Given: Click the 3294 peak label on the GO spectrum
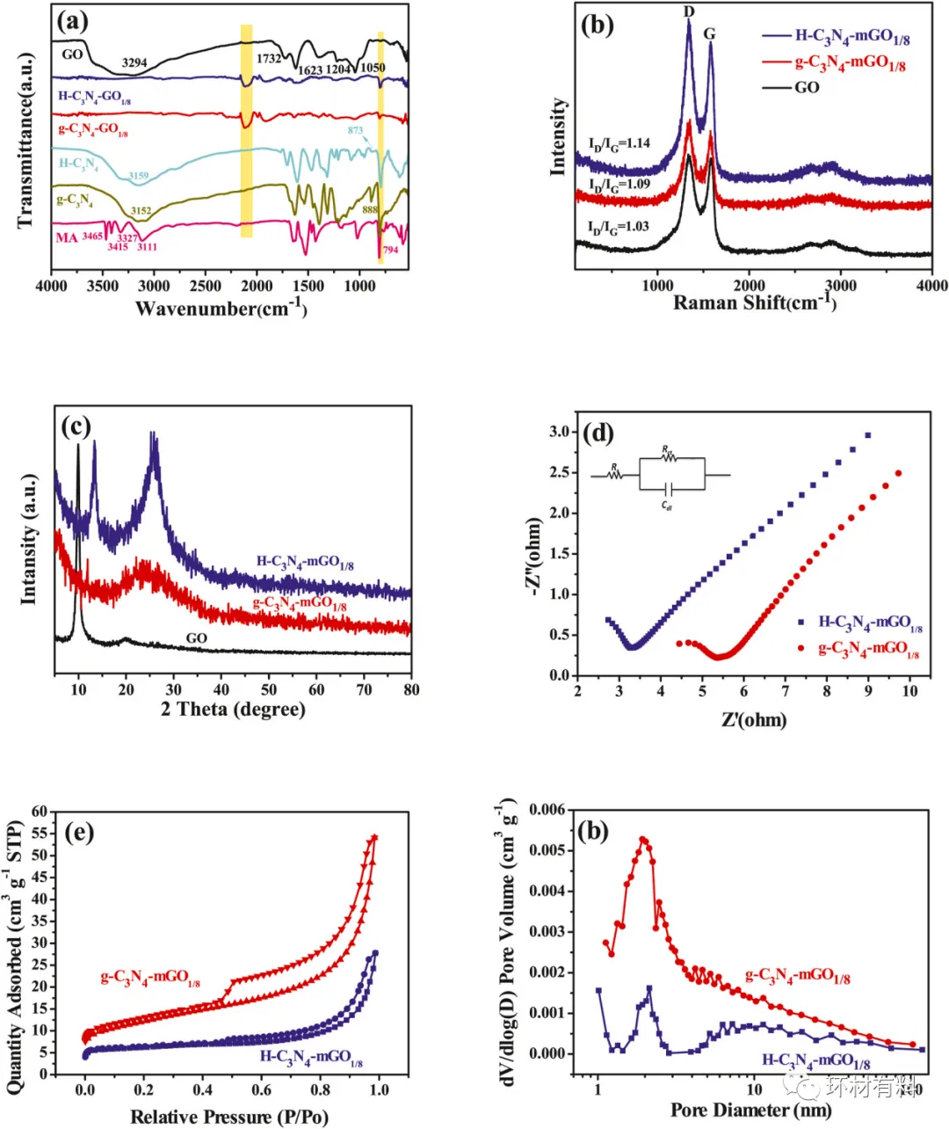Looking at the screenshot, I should coord(134,63).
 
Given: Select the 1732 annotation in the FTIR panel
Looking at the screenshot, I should coord(269,59).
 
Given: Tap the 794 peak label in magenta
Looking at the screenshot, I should coord(390,250).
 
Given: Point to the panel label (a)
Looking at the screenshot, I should coord(72,22).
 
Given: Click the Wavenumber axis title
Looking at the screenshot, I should coord(221,308).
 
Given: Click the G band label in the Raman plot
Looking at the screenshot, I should coord(709,34).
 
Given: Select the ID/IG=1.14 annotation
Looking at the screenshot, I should coord(619,143).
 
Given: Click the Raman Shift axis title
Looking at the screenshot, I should coord(754,302).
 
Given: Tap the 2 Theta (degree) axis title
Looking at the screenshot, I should coord(233,709).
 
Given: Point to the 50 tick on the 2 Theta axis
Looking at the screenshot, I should coord(269,689).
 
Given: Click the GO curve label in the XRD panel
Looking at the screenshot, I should coord(196,637).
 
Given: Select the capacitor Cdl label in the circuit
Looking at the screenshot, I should coord(667,506).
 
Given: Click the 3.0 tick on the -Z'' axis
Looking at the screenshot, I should coord(559,432).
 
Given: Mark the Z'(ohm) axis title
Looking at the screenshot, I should coord(754,720).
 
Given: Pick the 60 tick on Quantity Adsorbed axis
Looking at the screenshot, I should coord(39,812).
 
